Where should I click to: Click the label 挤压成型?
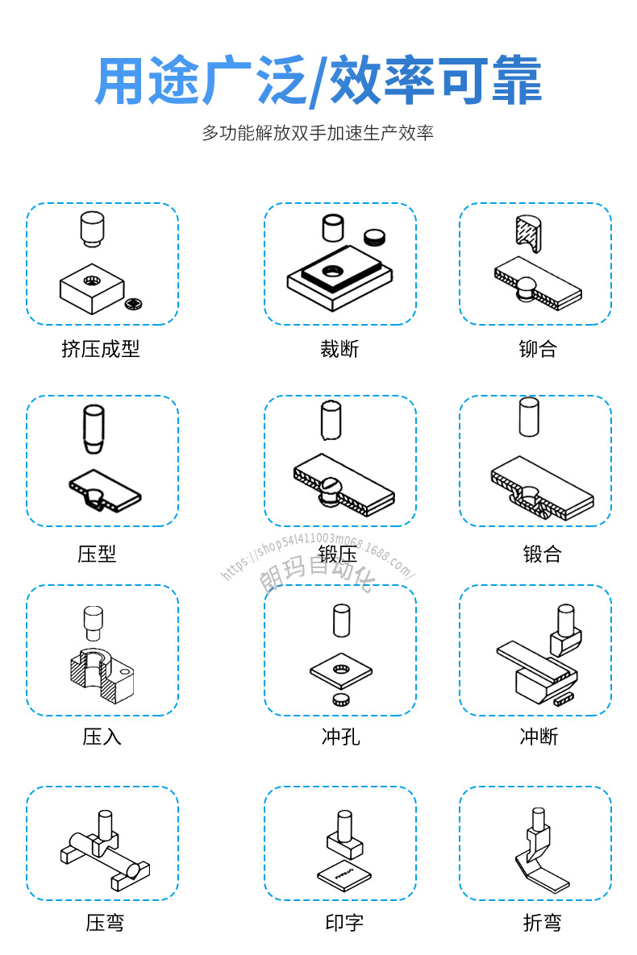(x=101, y=349)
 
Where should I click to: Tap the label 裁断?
(x=339, y=349)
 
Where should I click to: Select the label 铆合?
(x=538, y=349)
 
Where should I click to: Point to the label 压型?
(x=97, y=554)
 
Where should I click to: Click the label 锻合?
(x=542, y=554)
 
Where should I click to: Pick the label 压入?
(x=102, y=737)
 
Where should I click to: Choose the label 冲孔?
(x=341, y=737)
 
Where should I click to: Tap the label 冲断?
(x=539, y=737)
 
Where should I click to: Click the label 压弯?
(x=105, y=923)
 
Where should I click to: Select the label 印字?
(x=344, y=923)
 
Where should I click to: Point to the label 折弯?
(x=542, y=923)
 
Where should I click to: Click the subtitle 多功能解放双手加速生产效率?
(x=318, y=133)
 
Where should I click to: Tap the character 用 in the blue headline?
(x=121, y=81)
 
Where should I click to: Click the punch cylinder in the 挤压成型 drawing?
(x=92, y=228)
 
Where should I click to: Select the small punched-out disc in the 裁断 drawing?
(x=374, y=237)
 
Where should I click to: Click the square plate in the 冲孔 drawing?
(x=341, y=672)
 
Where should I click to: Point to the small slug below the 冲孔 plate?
(x=341, y=700)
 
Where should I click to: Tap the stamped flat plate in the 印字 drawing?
(x=343, y=874)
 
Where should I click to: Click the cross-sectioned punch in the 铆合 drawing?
(x=528, y=233)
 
